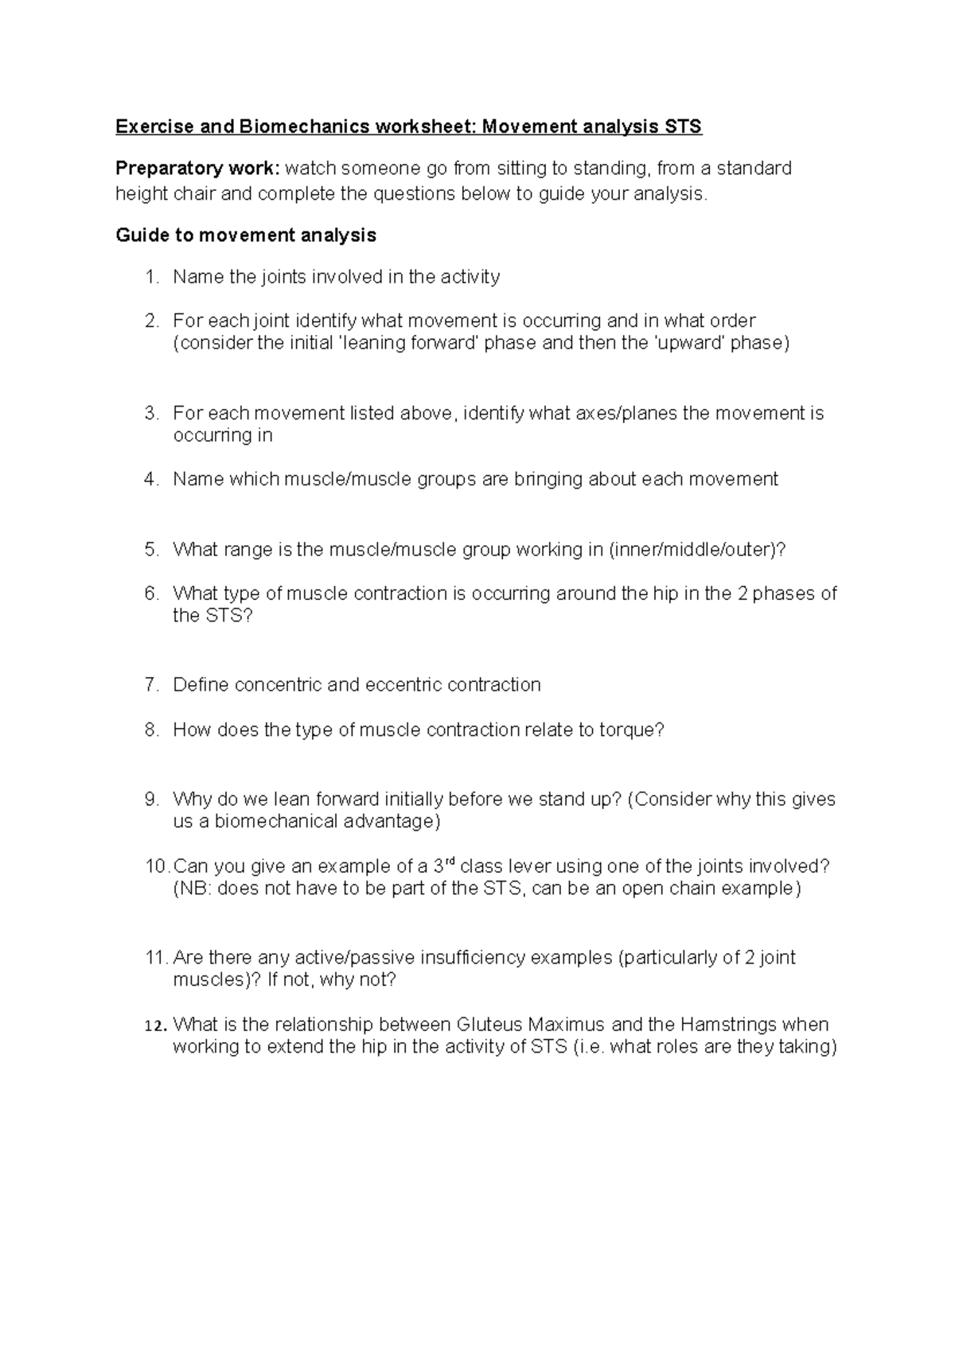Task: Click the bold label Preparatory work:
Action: (x=197, y=169)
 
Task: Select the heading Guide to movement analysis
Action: (x=246, y=236)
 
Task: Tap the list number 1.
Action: (x=152, y=277)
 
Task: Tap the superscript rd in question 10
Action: (x=449, y=861)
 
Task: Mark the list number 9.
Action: (x=152, y=800)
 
